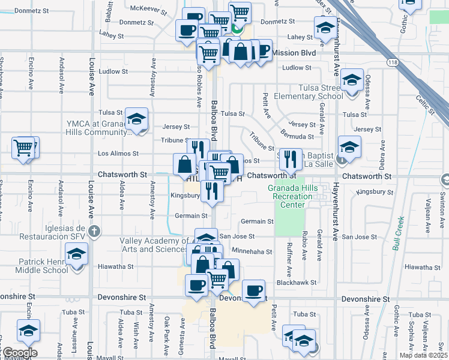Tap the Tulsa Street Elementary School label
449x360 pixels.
308,92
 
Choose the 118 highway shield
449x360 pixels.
392,62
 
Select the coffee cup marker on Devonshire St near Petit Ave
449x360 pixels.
254,292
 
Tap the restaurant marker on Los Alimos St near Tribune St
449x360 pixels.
291,159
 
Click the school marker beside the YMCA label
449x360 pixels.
137,119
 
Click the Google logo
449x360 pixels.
19,352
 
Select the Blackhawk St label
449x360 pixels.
297,282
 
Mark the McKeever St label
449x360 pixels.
148,8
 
